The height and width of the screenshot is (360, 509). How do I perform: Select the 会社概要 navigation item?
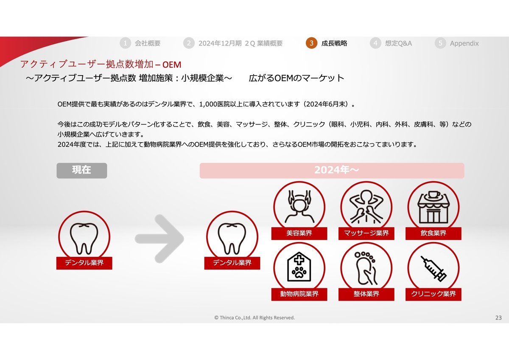tap(148, 43)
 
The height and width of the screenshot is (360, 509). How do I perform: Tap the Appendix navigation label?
tap(464, 43)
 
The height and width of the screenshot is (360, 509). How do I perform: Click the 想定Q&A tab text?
tap(398, 43)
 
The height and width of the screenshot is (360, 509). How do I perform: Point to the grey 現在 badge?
tap(82, 170)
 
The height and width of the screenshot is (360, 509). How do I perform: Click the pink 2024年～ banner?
tap(332, 170)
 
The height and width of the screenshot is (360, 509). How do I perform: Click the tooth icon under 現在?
tap(84, 237)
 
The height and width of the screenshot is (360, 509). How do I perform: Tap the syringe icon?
tap(433, 268)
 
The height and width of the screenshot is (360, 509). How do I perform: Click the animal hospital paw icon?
tap(299, 268)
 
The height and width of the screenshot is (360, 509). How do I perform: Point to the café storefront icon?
tap(433, 207)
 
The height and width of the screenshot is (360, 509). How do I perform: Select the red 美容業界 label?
tap(299, 233)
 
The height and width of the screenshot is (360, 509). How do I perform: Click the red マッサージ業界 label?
tap(366, 233)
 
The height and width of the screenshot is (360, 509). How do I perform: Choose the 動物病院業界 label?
tap(299, 294)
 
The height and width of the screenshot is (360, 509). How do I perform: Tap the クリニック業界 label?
tap(433, 294)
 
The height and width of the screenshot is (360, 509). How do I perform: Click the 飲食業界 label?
tap(433, 233)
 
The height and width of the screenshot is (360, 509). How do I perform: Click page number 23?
tap(498, 318)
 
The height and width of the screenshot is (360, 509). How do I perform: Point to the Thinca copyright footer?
tap(255, 318)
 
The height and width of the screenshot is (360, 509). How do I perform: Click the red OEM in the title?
tap(171, 65)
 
